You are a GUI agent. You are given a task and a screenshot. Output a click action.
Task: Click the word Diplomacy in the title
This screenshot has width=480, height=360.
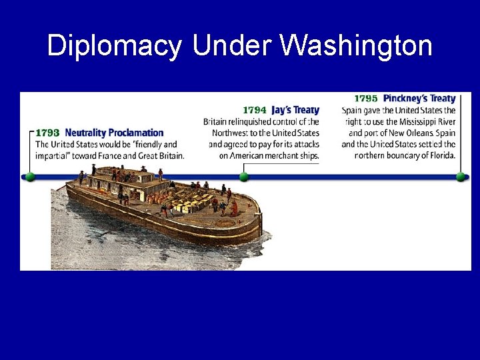(114, 46)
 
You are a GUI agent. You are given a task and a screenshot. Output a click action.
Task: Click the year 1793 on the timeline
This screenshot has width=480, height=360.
(47, 133)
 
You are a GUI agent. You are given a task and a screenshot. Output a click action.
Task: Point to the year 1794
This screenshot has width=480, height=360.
(254, 110)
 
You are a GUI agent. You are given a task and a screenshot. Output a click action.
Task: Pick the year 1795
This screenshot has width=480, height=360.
(366, 99)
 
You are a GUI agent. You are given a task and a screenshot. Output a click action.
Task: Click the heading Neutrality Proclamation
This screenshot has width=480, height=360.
(114, 133)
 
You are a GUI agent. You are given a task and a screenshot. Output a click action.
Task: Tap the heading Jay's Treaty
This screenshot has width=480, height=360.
(295, 110)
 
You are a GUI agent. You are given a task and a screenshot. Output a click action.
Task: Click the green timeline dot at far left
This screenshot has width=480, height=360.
(29, 177)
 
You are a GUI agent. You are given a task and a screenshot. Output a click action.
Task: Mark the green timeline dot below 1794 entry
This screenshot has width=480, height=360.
(243, 177)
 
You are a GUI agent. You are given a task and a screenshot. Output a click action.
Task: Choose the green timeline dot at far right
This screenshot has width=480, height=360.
(460, 177)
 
